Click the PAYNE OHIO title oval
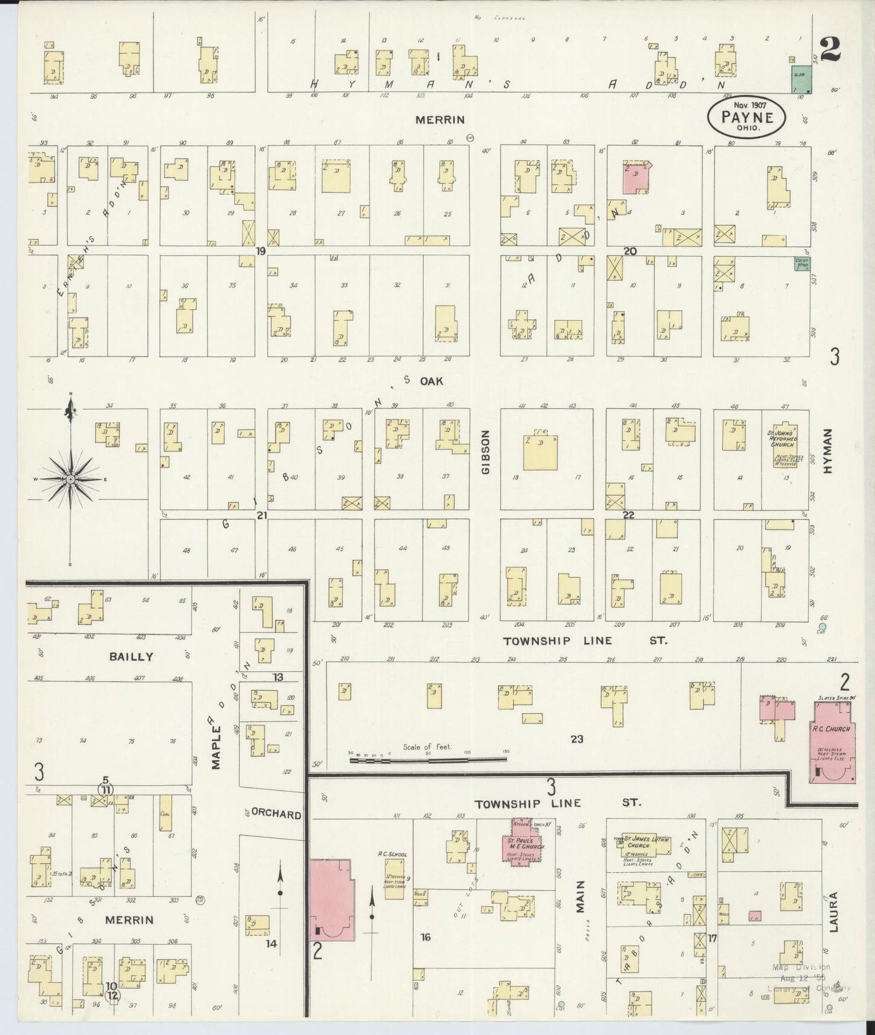click(748, 117)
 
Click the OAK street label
click(432, 381)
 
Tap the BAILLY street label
click(131, 656)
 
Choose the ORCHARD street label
click(276, 814)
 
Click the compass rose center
click(71, 479)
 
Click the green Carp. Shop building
click(802, 264)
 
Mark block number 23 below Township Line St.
click(576, 738)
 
